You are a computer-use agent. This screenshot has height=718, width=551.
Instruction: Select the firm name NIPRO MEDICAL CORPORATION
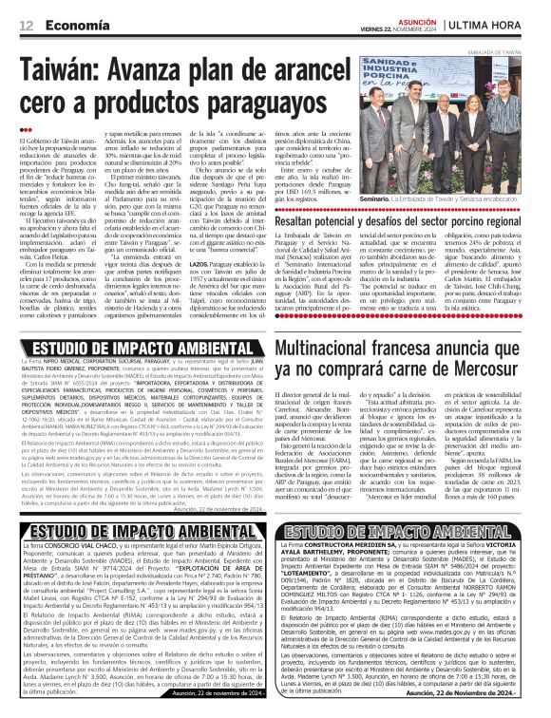[x=100, y=362]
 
